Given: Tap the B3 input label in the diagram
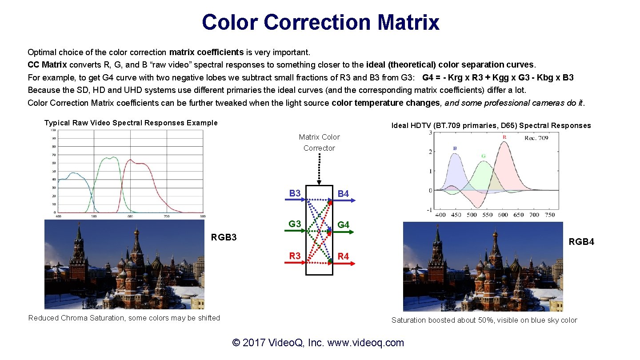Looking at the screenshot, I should pos(295,193).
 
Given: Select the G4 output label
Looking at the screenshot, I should pos(344,225).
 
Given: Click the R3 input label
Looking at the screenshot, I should pos(295,256).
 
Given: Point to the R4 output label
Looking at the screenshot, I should pos(344,256).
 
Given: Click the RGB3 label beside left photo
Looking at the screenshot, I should pos(224,237).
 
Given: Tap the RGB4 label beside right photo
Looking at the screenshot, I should pos(581,242).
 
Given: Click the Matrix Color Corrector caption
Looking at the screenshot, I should pos(319,143).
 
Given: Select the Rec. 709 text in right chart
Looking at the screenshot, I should pos(536,138).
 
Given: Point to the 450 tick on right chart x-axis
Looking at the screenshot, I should pos(456,215).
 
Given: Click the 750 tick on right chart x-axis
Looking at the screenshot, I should pos(549,215).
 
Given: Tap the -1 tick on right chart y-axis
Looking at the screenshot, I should pos(429,210).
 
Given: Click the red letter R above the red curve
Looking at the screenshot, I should pos(504,137).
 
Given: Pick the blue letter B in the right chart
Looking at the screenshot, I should pos(455,148).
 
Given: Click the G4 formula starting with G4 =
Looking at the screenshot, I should pos(498,78).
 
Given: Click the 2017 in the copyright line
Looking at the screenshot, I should pos(254,343).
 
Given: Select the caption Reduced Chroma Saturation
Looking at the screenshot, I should pos(124,318).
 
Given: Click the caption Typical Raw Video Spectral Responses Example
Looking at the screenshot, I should pos(131,123).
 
